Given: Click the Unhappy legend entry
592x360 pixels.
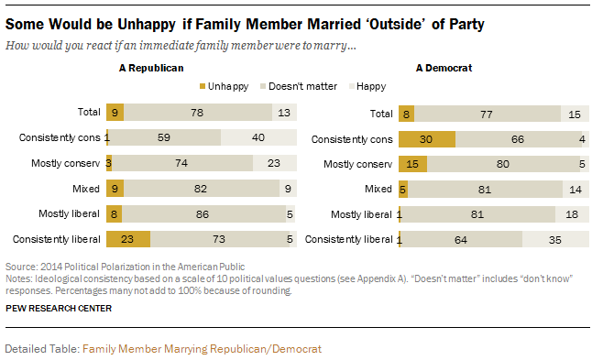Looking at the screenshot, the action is click(x=224, y=86).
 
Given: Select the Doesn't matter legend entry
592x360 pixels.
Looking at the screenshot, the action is click(x=299, y=86).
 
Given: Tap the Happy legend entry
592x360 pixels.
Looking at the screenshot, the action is click(x=367, y=86).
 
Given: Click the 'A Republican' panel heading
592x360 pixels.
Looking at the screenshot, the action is click(x=151, y=68).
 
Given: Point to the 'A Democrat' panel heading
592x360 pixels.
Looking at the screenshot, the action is click(x=444, y=68).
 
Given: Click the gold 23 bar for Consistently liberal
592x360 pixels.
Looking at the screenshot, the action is click(x=128, y=239).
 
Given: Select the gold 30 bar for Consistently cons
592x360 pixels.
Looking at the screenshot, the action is click(x=427, y=139).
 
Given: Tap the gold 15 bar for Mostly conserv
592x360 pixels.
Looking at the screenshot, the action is click(x=413, y=164).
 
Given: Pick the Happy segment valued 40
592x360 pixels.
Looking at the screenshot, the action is click(x=258, y=137).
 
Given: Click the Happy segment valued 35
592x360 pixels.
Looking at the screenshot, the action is click(x=555, y=239).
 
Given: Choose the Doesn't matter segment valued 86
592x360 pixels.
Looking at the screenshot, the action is click(x=203, y=214).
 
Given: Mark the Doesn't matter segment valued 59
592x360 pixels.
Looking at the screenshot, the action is click(x=165, y=137).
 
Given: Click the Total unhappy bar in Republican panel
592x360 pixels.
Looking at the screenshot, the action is click(x=115, y=113).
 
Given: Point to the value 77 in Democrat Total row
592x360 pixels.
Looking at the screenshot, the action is click(x=487, y=115).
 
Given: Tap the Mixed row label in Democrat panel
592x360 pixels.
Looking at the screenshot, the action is click(x=378, y=189).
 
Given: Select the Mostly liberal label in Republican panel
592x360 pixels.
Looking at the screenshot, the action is click(x=69, y=214).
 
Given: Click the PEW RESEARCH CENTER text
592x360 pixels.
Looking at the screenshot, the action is click(x=59, y=309).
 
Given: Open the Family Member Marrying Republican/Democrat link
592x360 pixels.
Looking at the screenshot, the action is click(x=202, y=349).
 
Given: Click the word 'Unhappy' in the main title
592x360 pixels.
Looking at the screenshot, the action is click(x=147, y=25).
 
